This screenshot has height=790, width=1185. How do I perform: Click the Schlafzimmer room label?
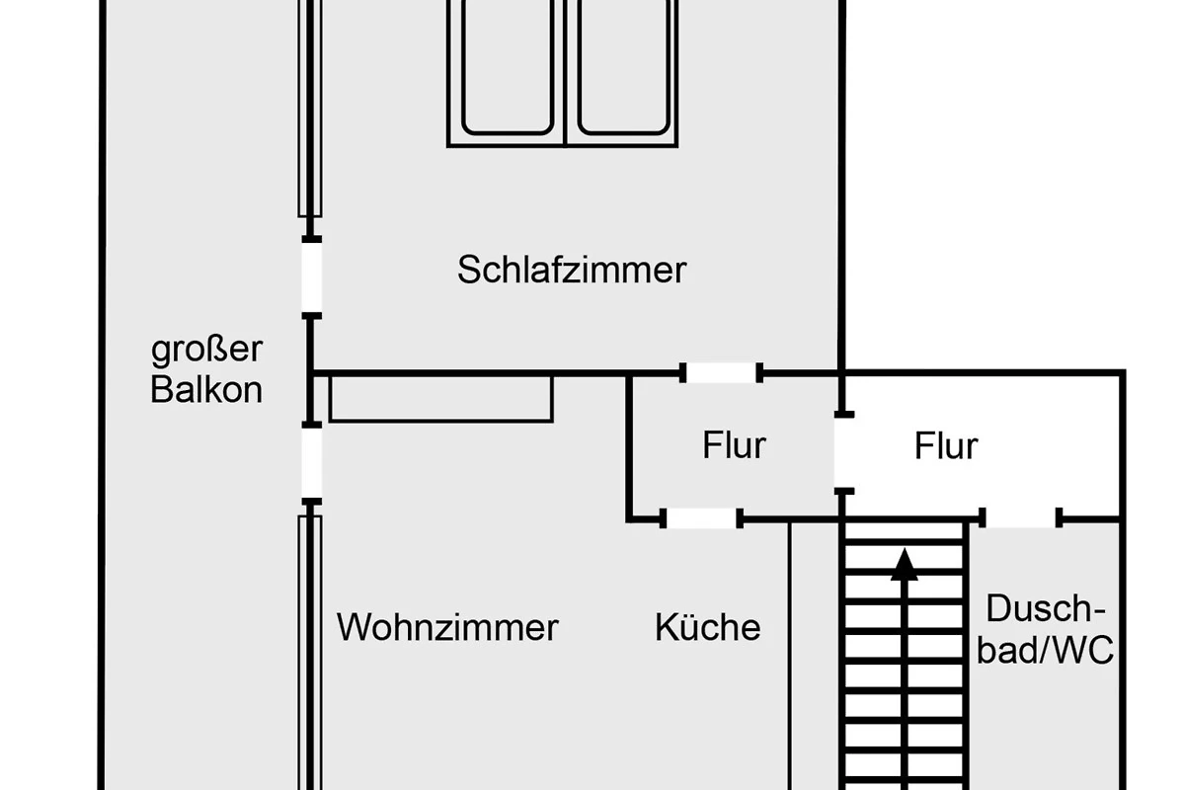(571, 269)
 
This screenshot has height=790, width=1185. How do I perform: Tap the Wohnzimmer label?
(447, 627)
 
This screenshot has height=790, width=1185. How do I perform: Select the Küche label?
(707, 627)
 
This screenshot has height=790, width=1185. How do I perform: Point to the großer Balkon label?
(206, 369)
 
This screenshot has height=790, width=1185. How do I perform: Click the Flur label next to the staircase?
(945, 446)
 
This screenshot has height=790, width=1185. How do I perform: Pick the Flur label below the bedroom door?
(734, 445)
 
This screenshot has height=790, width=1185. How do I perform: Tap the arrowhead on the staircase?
(905, 564)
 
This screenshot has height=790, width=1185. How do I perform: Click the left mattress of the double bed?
(507, 69)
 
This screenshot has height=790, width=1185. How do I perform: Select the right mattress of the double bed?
(624, 69)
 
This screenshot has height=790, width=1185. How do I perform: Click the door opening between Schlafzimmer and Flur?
(721, 373)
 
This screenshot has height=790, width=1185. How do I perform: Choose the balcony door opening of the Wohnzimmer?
(311, 463)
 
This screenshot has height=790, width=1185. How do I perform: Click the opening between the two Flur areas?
(842, 449)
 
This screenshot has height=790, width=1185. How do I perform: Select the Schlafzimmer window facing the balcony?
(310, 109)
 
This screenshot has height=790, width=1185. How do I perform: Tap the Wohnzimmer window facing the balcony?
(310, 652)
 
